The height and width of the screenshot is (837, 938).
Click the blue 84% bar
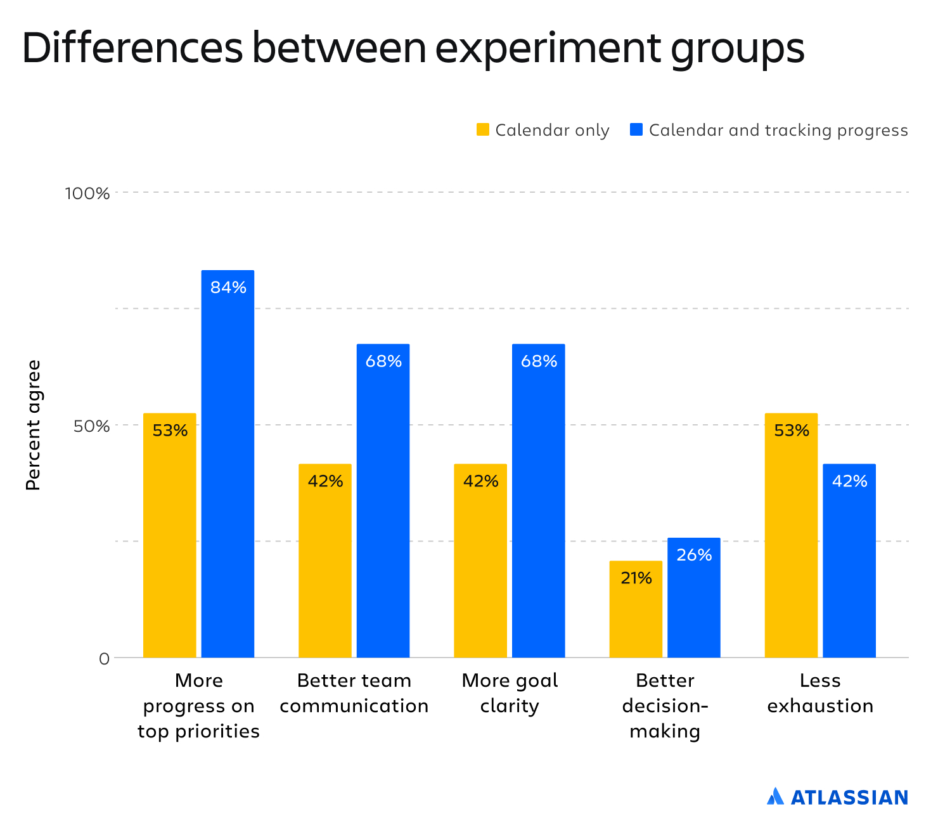click(x=228, y=464)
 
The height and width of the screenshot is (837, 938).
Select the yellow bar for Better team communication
click(x=324, y=561)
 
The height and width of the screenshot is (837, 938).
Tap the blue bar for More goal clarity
click(x=538, y=500)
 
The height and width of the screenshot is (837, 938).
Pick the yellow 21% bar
click(x=636, y=609)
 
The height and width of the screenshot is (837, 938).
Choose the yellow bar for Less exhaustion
click(x=791, y=535)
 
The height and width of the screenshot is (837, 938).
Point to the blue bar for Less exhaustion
click(x=849, y=561)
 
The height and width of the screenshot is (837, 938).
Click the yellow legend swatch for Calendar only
click(x=483, y=130)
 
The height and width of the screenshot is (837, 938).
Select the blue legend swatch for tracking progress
click(x=636, y=130)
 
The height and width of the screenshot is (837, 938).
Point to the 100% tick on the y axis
click(x=87, y=193)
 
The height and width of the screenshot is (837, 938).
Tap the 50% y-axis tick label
click(x=91, y=425)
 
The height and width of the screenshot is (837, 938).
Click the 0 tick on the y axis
click(x=104, y=659)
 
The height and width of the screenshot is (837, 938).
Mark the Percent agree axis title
click(x=33, y=425)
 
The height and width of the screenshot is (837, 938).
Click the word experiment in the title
click(x=548, y=48)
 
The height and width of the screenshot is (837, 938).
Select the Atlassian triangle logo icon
click(x=775, y=796)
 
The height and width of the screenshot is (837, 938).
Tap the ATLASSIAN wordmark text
click(x=849, y=797)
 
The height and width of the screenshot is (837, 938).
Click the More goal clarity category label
click(x=510, y=693)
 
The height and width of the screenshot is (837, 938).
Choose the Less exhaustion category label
click(x=820, y=693)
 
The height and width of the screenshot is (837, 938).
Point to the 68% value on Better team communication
click(x=383, y=361)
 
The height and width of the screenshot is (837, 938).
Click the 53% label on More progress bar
click(x=170, y=431)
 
